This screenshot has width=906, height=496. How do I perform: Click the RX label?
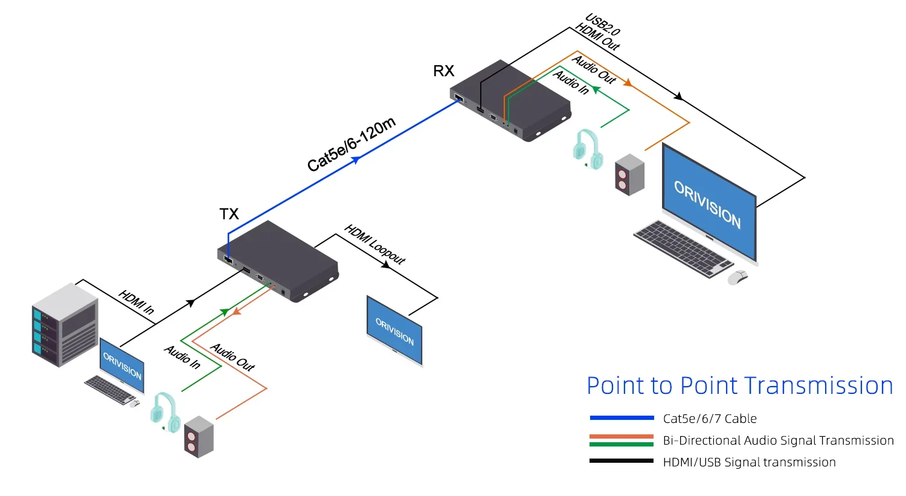coord(443,71)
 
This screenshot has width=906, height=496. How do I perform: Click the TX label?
coord(229,214)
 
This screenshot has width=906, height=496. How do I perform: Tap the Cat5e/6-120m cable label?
coord(351,144)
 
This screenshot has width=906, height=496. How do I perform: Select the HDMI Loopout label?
coord(374,244)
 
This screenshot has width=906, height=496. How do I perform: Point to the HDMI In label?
coord(137,301)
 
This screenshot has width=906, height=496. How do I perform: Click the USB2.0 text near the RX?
coord(603,25)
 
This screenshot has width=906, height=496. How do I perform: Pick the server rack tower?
coord(65,324)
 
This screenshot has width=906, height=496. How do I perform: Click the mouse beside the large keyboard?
coord(737,277)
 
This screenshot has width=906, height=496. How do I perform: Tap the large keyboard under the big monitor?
coord(683,248)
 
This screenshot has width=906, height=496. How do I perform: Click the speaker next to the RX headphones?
coord(629,175)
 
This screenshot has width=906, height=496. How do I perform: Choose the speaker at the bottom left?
coord(199,436)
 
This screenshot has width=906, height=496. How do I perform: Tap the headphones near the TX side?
coord(165,411)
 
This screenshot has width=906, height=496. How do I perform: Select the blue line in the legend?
coord(622,418)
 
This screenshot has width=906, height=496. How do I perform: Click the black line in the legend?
coord(622,462)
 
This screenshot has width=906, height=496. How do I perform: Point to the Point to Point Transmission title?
coord(739,386)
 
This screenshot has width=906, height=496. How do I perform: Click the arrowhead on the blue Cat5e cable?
coord(356,159)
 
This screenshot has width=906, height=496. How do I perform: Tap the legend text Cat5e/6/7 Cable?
coord(709,419)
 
